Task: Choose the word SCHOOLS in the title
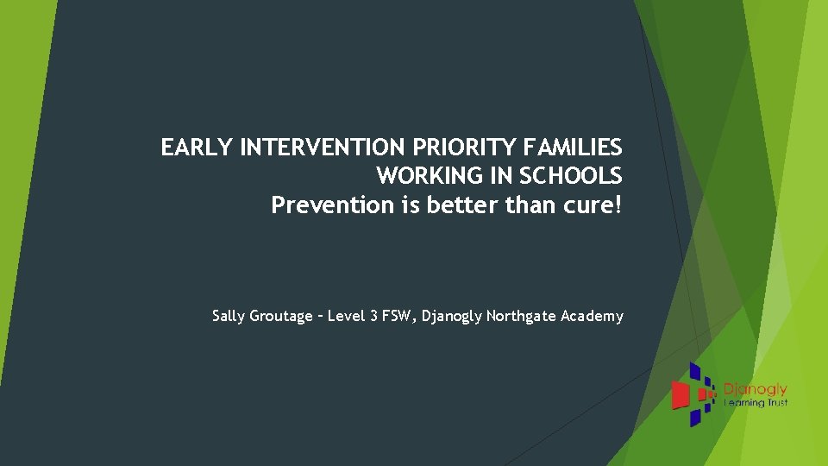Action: pyautogui.click(x=570, y=176)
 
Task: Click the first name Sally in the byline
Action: pyautogui.click(x=229, y=316)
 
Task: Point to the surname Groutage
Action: pyautogui.click(x=281, y=317)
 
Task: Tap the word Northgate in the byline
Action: pyautogui.click(x=521, y=317)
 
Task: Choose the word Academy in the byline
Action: pyautogui.click(x=592, y=317)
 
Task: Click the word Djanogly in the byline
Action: pyautogui.click(x=453, y=317)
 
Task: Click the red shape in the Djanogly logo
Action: pyautogui.click(x=681, y=394)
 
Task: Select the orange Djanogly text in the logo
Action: pyautogui.click(x=756, y=390)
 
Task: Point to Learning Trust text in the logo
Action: pyautogui.click(x=756, y=403)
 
